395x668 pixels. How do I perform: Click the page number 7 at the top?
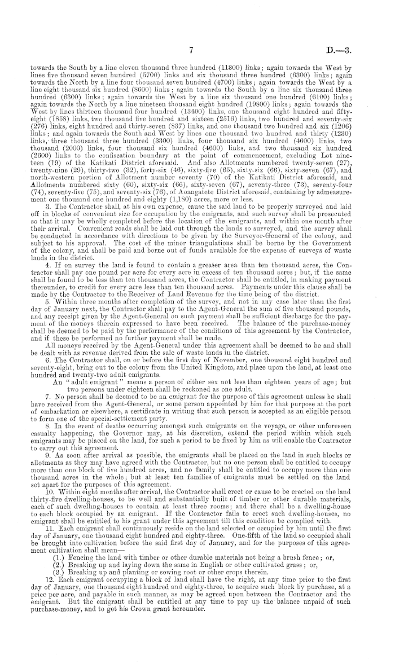[x=192, y=34]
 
